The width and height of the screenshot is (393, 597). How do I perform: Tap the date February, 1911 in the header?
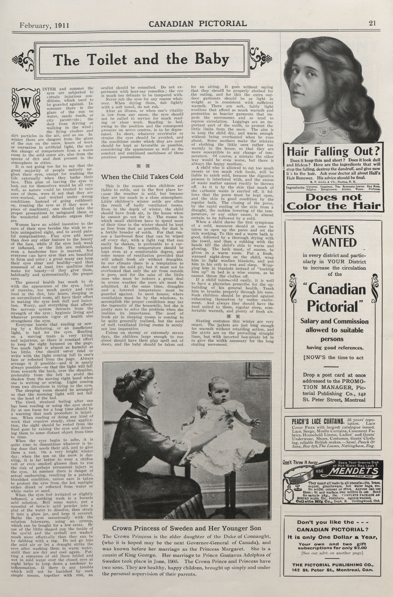click(44, 25)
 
